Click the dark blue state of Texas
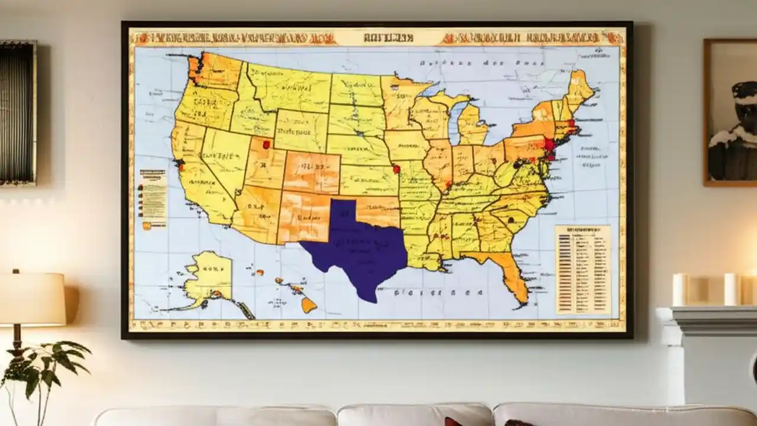pyautogui.click(x=361, y=248)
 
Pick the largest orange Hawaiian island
pyautogui.click(x=309, y=305)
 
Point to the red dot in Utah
pyautogui.click(x=266, y=144)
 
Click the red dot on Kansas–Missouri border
pyautogui.click(x=396, y=169)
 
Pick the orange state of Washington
pyautogui.click(x=216, y=72)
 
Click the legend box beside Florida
pyautogui.click(x=583, y=269)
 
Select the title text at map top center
pyautogui.click(x=380, y=37)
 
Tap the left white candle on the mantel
pyautogui.click(x=681, y=289)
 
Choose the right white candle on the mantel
pyautogui.click(x=732, y=289)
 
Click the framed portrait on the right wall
pyautogui.click(x=731, y=112)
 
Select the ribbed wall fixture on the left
pyautogui.click(x=18, y=112)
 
